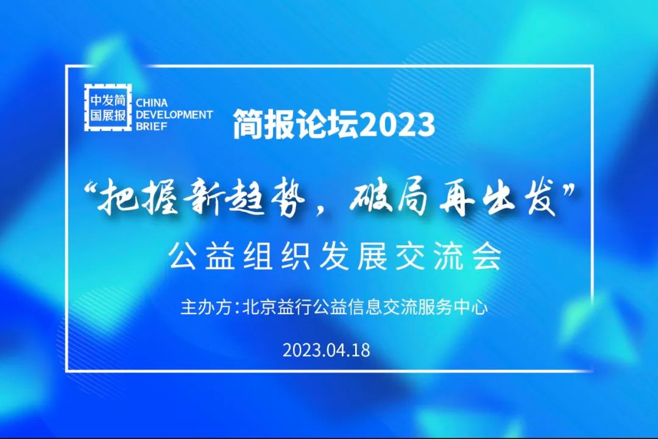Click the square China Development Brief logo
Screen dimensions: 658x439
pyautogui.click(x=108, y=107)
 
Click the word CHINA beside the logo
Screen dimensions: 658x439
pyautogui.click(x=152, y=103)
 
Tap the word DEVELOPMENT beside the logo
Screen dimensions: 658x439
pyautogui.click(x=174, y=114)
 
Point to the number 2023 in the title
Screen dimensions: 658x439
pyautogui.click(x=397, y=125)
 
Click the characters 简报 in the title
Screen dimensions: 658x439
pyautogui.click(x=264, y=125)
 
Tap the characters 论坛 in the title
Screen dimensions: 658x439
pyautogui.click(x=328, y=125)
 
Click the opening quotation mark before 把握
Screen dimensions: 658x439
pyautogui.click(x=90, y=191)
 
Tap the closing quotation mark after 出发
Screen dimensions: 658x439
pyautogui.click(x=568, y=191)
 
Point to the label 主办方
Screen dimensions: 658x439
pyautogui.click(x=206, y=307)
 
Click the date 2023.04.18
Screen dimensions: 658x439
pyautogui.click(x=327, y=350)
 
